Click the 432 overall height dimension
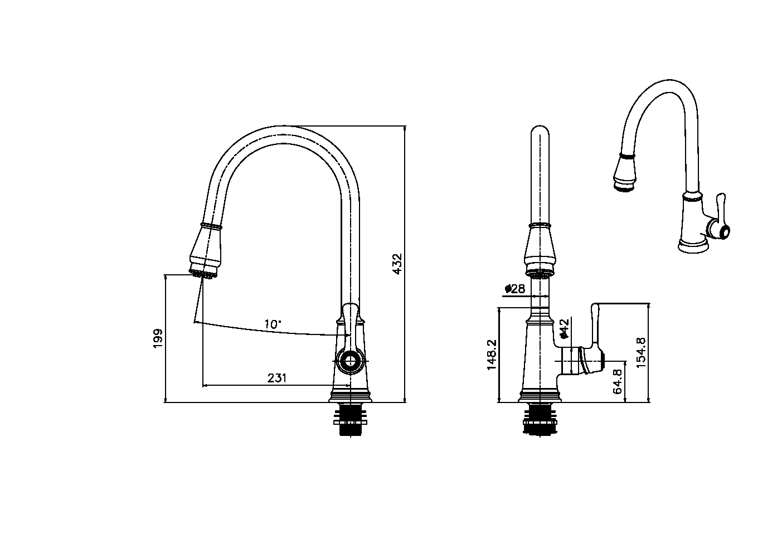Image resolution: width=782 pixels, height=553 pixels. tap(397, 263)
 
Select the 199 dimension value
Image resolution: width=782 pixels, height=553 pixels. tap(158, 338)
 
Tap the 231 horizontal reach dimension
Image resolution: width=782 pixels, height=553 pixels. tap(277, 378)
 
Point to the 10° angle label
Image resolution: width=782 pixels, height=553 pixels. tap(273, 324)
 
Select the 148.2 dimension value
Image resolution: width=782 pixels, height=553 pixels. tap(491, 354)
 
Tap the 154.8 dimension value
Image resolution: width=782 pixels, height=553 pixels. tap(642, 352)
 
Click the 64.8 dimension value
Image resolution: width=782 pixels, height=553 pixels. tap(618, 381)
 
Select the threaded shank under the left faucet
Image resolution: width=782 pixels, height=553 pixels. tap(350, 421)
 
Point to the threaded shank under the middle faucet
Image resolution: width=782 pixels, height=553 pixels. tap(539, 420)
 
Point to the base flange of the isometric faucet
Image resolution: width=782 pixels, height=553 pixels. tap(693, 244)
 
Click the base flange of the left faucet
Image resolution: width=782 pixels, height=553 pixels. tap(350, 395)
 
